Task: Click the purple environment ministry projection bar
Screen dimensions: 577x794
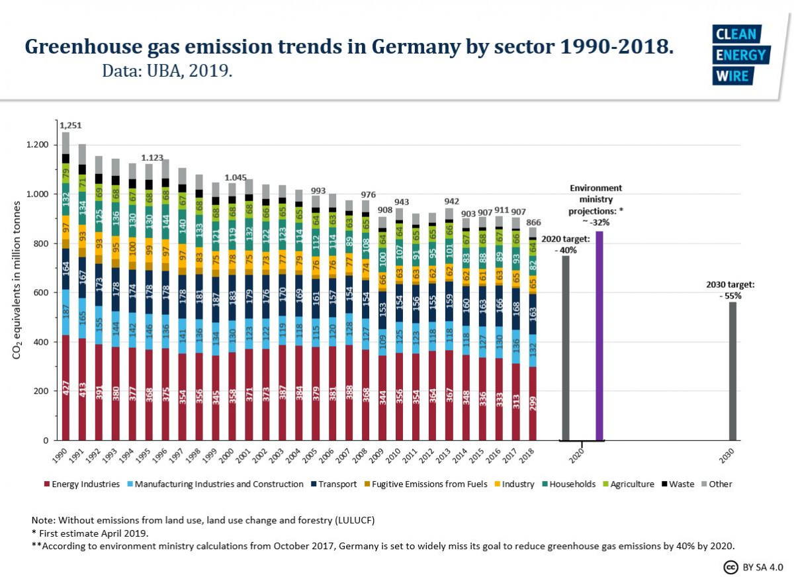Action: click(x=599, y=335)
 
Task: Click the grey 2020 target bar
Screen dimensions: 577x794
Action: click(x=566, y=348)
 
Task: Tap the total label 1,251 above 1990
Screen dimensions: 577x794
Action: click(x=70, y=125)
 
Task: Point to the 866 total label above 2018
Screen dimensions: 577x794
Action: click(x=533, y=222)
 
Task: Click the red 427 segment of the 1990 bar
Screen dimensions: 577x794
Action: click(x=66, y=388)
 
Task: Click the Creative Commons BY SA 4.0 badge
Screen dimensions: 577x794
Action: click(x=752, y=566)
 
